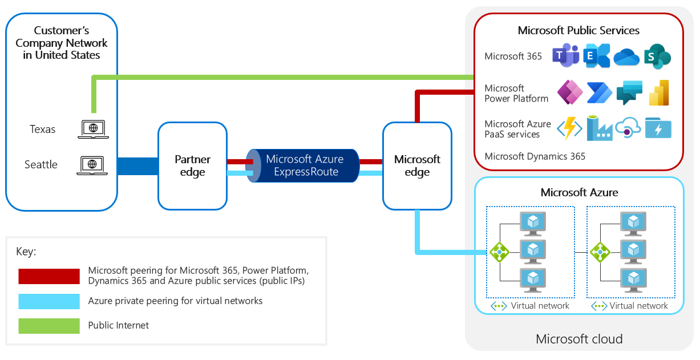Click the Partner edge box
click(192, 166)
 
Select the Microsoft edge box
click(417, 166)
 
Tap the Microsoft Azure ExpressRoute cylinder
click(302, 165)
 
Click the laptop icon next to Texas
click(92, 130)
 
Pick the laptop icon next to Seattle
click(92, 165)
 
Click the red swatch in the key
click(49, 276)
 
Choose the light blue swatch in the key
click(49, 301)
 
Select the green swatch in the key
click(49, 326)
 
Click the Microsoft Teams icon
click(565, 56)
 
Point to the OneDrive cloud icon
click(626, 56)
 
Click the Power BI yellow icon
click(659, 92)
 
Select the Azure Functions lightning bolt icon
click(569, 128)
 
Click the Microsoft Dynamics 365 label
click(535, 156)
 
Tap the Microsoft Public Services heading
click(578, 31)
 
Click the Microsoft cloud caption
click(579, 339)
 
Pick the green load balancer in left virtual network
click(499, 252)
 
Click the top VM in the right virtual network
click(633, 223)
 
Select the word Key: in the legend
click(27, 252)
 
